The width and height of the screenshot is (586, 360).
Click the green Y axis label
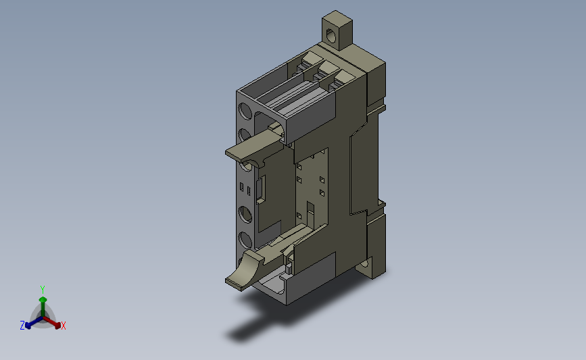tap(42, 290)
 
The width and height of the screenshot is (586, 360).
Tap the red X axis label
tap(63, 326)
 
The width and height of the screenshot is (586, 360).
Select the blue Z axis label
tap(22, 326)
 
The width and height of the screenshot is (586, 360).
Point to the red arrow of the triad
tap(52, 322)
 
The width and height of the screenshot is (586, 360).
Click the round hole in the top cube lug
tap(331, 35)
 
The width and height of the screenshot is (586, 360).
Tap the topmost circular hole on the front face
tap(245, 111)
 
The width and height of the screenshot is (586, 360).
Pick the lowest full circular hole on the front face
tap(245, 239)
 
